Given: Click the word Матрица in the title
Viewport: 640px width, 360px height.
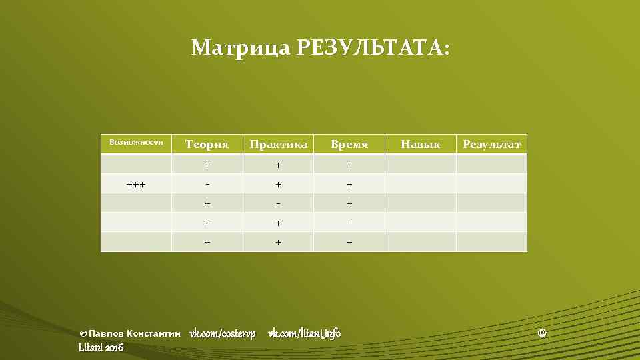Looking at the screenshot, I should click(x=241, y=48).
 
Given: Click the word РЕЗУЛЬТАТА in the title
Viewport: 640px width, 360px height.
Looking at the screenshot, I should click(x=373, y=48).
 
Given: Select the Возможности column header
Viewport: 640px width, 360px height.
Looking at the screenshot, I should click(x=136, y=142).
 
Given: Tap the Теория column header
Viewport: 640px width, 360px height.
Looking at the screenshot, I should click(x=207, y=144).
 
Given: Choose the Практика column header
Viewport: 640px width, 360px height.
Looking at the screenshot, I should click(x=278, y=144).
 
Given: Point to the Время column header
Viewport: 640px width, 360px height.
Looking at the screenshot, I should click(x=349, y=144).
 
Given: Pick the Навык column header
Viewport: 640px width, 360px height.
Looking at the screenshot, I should click(x=420, y=144).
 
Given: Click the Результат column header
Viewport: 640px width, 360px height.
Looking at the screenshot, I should click(x=491, y=144).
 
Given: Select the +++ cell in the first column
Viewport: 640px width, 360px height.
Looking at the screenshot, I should click(x=136, y=184).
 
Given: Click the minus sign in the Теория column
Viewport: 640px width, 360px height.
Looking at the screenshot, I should click(x=207, y=184).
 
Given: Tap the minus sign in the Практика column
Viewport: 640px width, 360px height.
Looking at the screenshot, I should click(x=278, y=203).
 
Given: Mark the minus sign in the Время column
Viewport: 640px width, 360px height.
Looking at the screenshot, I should click(x=349, y=223).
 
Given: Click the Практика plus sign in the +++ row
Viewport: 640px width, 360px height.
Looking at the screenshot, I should click(x=278, y=184).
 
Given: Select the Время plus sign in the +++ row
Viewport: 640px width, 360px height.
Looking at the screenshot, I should click(x=349, y=184).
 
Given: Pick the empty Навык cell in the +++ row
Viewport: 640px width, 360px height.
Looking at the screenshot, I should click(x=420, y=184).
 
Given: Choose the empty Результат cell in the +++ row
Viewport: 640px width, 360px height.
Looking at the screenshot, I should click(x=491, y=184).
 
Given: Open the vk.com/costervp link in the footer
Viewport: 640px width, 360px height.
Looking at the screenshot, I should click(x=223, y=333).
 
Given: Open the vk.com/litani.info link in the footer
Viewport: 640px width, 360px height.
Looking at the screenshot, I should click(x=304, y=333).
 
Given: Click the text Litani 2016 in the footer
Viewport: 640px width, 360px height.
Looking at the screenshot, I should click(x=101, y=347).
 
